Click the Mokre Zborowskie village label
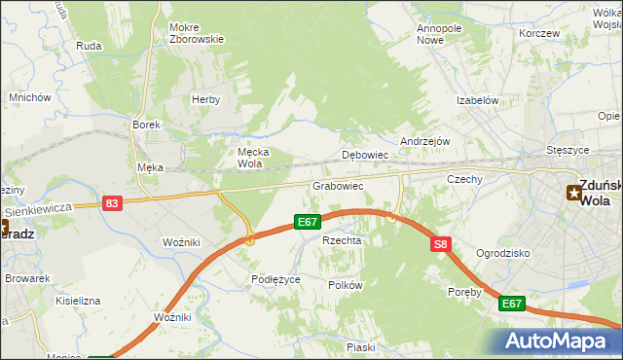click(196, 34)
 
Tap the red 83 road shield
click(112, 203)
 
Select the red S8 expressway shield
click(441, 245)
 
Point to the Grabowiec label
click(338, 185)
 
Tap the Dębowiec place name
click(365, 155)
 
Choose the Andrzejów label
click(424, 140)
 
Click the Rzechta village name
click(342, 240)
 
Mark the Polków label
click(345, 285)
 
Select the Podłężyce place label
click(275, 279)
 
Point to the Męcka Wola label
click(253, 157)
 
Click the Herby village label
click(205, 99)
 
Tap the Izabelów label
click(478, 100)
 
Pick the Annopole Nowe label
click(438, 34)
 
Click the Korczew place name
click(539, 33)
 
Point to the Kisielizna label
click(78, 301)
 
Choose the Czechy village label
click(464, 179)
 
